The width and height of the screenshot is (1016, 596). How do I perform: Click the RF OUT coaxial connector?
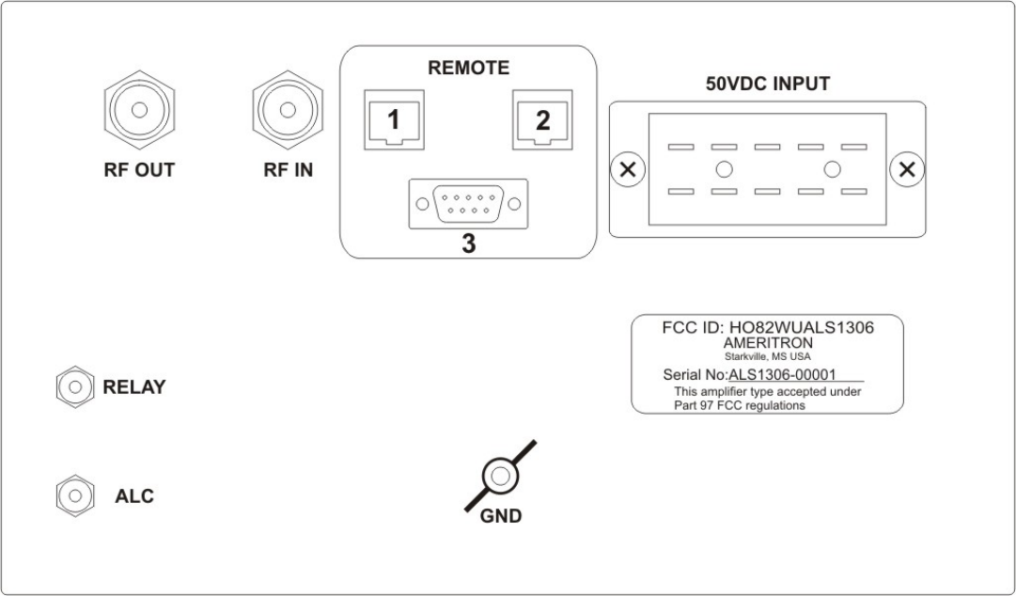(x=139, y=110)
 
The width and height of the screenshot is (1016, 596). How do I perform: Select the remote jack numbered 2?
(x=541, y=120)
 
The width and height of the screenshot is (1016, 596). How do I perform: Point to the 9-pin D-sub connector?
(x=468, y=203)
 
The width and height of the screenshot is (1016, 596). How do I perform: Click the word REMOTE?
(x=468, y=68)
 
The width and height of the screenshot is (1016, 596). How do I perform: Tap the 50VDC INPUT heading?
(x=768, y=84)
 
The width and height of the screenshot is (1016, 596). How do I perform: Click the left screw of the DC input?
(x=629, y=170)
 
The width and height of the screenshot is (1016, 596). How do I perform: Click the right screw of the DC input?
(x=906, y=170)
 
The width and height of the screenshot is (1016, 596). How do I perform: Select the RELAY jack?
(x=72, y=386)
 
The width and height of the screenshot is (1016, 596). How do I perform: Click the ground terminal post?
(x=500, y=477)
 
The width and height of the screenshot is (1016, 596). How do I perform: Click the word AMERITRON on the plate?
(x=767, y=343)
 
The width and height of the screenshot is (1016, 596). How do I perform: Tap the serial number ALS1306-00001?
(x=782, y=373)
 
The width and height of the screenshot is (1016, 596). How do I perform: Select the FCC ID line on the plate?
(x=767, y=328)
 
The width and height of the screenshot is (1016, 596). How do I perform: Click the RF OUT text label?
(x=139, y=170)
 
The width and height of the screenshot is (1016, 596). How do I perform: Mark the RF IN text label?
(x=289, y=170)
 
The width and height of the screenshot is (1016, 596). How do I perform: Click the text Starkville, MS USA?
(x=767, y=356)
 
